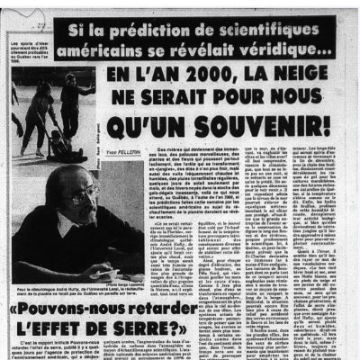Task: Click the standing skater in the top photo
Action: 70,99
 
